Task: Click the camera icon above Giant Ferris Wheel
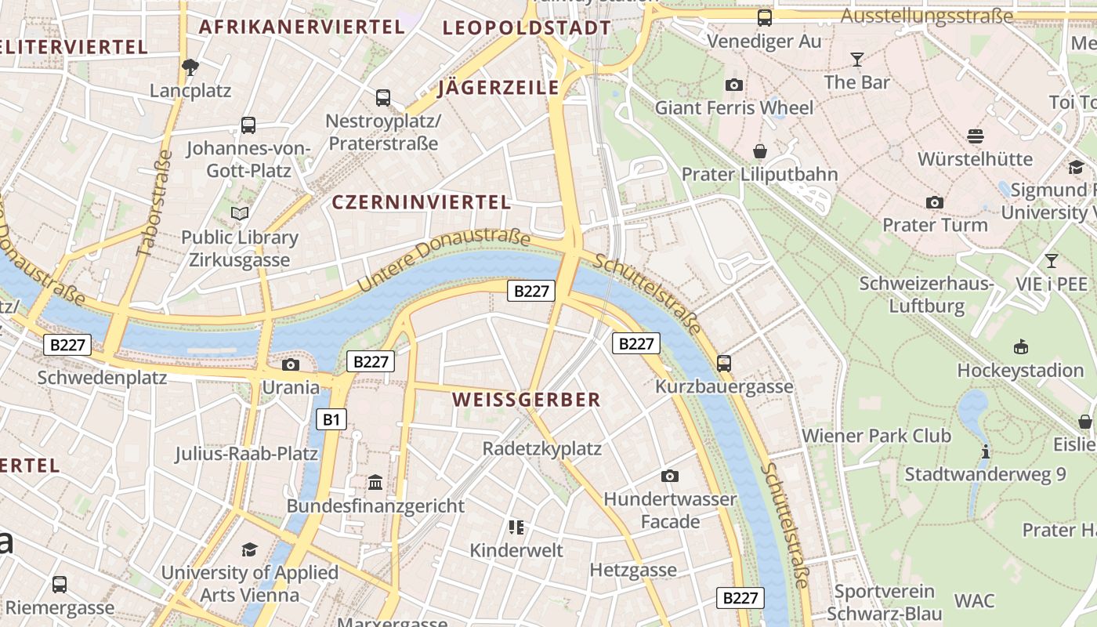[734, 85]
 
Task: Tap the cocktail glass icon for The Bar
[856, 59]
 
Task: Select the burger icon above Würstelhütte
[975, 136]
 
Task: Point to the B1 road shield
[331, 419]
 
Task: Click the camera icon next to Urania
[291, 364]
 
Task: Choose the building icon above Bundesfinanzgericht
[375, 483]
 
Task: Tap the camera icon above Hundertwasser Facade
[669, 476]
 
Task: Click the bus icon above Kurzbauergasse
[724, 364]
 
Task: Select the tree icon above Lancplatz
[190, 67]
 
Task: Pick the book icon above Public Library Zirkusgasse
[240, 213]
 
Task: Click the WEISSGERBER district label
[527, 400]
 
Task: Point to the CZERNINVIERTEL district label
[422, 202]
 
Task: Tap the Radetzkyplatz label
[542, 448]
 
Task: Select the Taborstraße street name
[154, 203]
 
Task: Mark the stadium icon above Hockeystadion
[1020, 346]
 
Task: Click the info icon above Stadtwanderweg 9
[985, 451]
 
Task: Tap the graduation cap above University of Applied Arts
[249, 549]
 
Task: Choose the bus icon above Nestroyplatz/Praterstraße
[382, 98]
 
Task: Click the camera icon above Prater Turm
[934, 203]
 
